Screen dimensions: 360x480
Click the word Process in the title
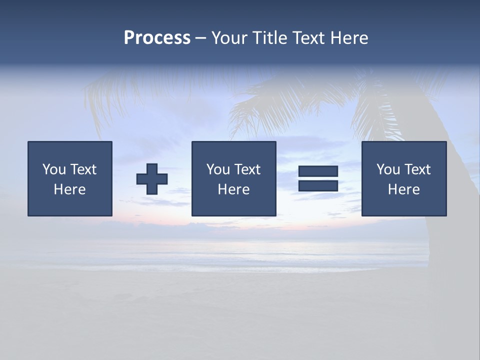[x=157, y=38]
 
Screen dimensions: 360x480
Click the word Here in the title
[x=349, y=38]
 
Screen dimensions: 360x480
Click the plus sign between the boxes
[x=152, y=178]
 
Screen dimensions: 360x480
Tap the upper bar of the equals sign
[x=318, y=171]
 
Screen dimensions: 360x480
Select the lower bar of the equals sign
[x=318, y=185]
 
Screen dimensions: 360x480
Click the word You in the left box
[x=54, y=169]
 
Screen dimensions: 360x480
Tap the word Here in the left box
[x=70, y=189]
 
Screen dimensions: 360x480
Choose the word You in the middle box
[x=218, y=169]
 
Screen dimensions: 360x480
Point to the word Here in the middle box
[x=234, y=189]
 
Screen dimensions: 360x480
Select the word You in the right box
[x=388, y=169]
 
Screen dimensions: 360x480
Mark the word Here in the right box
[x=404, y=189]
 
